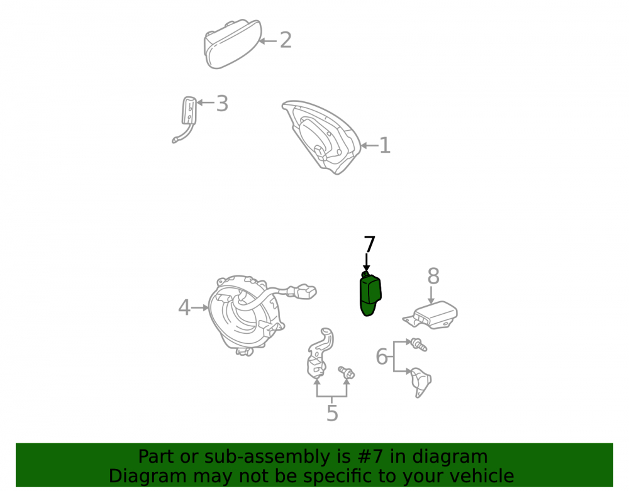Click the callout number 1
385,145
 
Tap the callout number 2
286,40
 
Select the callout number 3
222,103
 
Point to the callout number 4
184,308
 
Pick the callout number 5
332,413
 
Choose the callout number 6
382,356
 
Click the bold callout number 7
369,244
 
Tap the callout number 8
433,276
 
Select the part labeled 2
232,43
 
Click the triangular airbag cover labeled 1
321,136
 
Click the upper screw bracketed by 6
419,345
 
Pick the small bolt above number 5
346,372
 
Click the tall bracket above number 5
320,353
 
